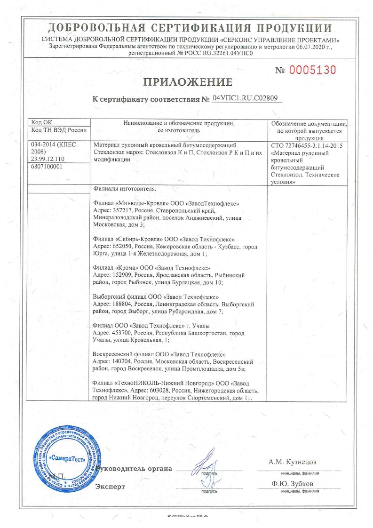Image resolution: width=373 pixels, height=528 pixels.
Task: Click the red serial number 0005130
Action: pyautogui.click(x=312, y=71)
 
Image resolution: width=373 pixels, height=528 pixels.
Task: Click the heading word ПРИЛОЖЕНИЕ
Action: pyautogui.click(x=188, y=82)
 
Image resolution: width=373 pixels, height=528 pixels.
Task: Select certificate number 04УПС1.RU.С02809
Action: pyautogui.click(x=245, y=98)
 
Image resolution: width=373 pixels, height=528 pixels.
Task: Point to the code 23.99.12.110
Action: pyautogui.click(x=48, y=159)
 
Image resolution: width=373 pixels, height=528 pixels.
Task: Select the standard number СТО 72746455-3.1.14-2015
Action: pyautogui.click(x=307, y=146)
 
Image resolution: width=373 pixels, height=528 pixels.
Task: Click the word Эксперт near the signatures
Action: pyautogui.click(x=110, y=486)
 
